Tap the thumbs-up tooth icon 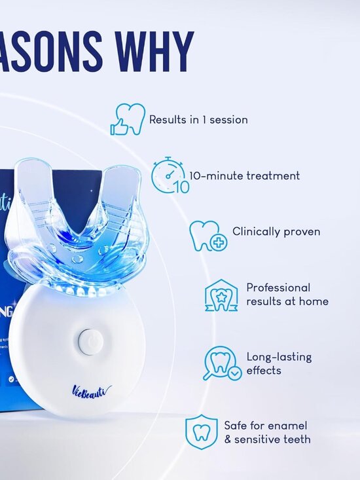click(x=127, y=119)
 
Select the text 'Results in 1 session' click(x=198, y=120)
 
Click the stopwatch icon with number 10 click(x=170, y=175)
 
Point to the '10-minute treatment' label click(x=245, y=175)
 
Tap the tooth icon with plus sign click(x=207, y=236)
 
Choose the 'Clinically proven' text click(x=276, y=232)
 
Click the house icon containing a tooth click(x=221, y=295)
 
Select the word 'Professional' click(x=278, y=287)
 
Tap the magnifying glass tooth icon click(x=221, y=363)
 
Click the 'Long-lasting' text click(x=279, y=357)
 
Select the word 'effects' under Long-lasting click(x=264, y=371)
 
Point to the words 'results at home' click(x=287, y=302)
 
